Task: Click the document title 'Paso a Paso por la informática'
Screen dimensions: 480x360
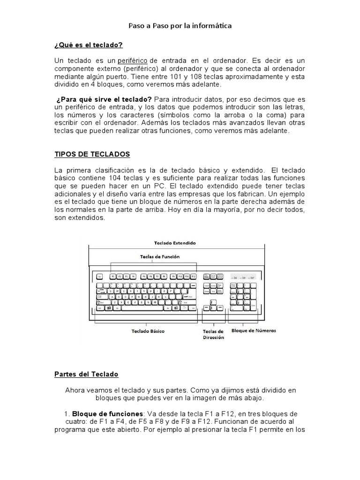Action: pyautogui.click(x=180, y=26)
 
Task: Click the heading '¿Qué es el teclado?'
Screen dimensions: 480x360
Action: pyautogui.click(x=89, y=45)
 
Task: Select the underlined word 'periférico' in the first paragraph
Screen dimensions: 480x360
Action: pyautogui.click(x=133, y=61)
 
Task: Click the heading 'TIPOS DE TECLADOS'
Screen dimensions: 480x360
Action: pyautogui.click(x=92, y=154)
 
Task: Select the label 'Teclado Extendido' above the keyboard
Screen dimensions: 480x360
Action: pyautogui.click(x=175, y=243)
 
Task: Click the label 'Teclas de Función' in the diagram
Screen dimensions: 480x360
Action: pyautogui.click(x=160, y=256)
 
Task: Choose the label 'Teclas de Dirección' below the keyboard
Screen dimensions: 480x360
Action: pyautogui.click(x=213, y=334)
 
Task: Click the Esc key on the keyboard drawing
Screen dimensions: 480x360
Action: pyautogui.click(x=100, y=277)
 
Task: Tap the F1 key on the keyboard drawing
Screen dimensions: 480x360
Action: pyautogui.click(x=113, y=277)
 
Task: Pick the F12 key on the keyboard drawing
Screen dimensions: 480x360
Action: pyautogui.click(x=193, y=277)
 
